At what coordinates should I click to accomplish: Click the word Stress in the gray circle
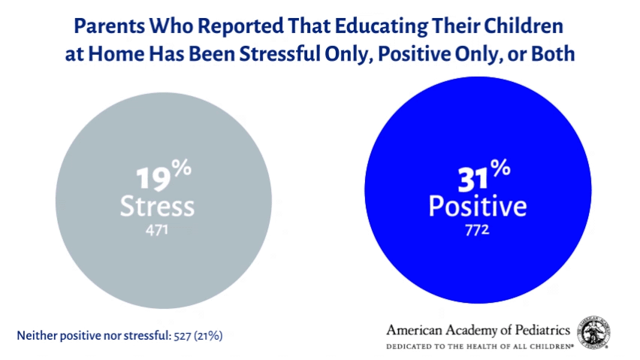pos(157,205)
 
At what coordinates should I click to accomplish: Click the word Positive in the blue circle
pos(477,205)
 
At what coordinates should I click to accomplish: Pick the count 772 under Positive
pos(477,229)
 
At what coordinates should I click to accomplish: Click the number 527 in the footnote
pos(180,335)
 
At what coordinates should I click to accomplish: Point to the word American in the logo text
pos(414,330)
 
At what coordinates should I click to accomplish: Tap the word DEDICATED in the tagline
pos(409,346)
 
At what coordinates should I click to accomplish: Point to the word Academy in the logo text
pos(475,330)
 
